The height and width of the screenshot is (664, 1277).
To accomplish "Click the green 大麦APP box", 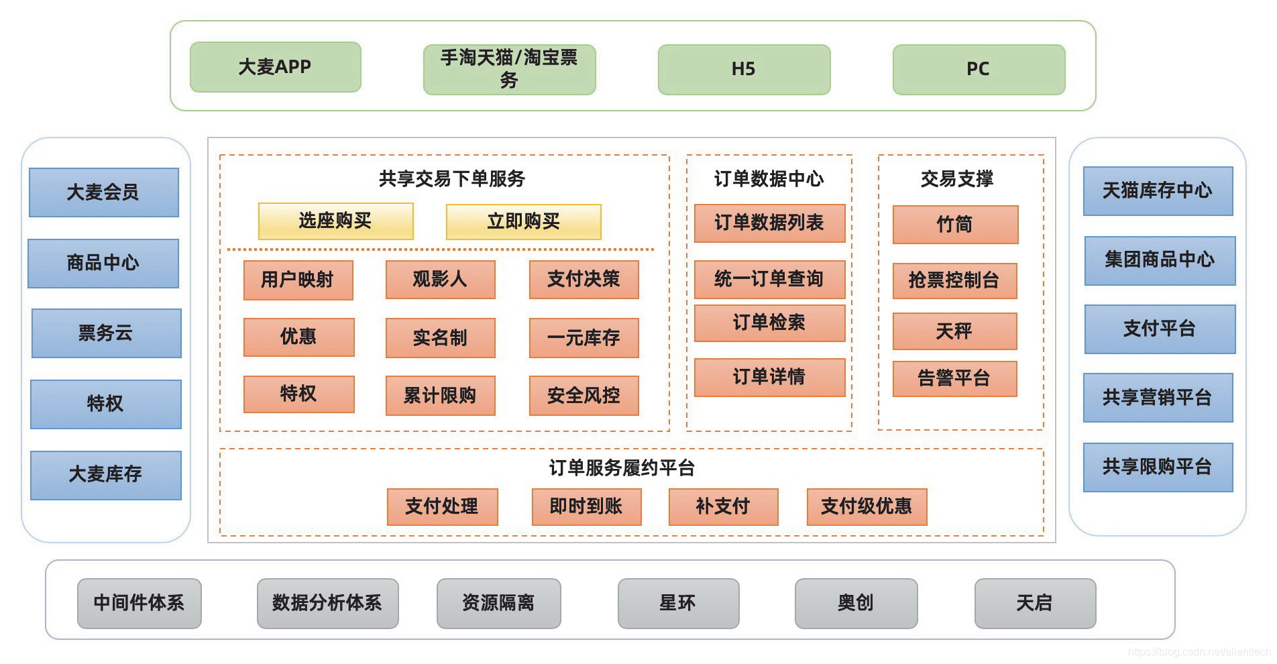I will [276, 67].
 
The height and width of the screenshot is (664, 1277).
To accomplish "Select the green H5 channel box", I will [744, 69].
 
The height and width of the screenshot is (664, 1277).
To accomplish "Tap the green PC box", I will [979, 69].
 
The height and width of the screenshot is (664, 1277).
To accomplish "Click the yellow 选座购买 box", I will [335, 221].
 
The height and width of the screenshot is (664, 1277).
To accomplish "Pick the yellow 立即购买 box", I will [523, 222].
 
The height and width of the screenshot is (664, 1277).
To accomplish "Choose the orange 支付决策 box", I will [584, 280].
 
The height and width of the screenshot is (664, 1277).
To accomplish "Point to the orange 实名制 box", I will [440, 337].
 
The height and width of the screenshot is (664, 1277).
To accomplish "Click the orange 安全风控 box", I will [584, 396].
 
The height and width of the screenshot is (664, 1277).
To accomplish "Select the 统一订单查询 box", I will [769, 279].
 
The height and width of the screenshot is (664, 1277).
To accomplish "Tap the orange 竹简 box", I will [955, 225].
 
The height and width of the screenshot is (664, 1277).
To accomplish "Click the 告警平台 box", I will [954, 379].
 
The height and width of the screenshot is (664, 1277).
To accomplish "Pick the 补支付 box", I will [723, 506].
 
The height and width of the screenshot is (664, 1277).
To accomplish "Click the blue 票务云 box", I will [106, 333].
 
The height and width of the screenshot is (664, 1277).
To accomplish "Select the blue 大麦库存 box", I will [106, 475].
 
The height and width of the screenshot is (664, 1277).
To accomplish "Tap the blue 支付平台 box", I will [1160, 329].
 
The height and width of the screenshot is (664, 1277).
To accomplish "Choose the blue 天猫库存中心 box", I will [1158, 191].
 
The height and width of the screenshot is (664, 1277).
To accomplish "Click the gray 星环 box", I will [678, 603].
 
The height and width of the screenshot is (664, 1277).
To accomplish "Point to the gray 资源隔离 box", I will [498, 603].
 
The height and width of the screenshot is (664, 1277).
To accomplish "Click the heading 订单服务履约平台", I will [622, 467].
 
